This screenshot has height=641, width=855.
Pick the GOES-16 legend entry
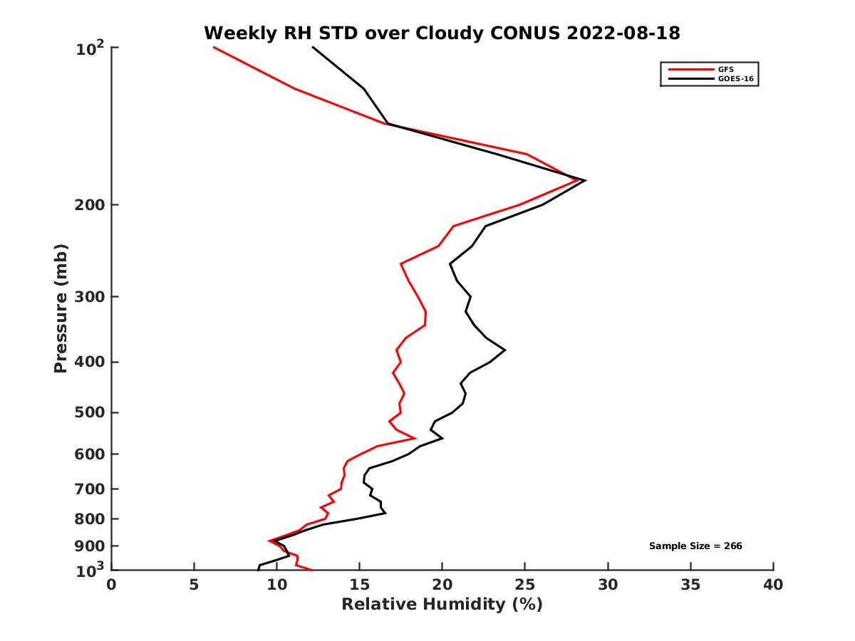coord(735,79)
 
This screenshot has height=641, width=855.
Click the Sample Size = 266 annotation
coord(695,546)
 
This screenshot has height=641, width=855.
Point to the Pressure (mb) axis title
coord(61,308)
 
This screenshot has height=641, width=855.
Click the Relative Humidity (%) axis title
coord(442,605)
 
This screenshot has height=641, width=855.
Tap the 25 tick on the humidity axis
coord(525,585)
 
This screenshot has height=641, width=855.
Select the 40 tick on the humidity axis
coord(773,585)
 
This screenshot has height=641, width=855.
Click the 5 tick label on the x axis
coord(194,585)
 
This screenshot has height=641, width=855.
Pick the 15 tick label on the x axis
coord(359,585)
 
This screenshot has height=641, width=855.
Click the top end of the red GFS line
coord(214,47)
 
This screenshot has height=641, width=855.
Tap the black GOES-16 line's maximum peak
coord(585,180)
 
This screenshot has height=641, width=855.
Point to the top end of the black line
coord(313,47)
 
